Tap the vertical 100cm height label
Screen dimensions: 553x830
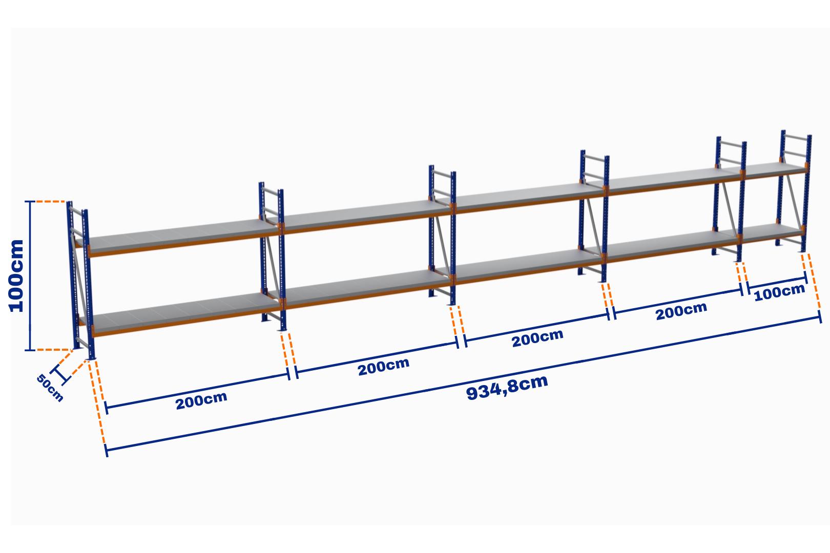point(16,275)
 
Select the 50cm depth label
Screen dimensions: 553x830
point(50,388)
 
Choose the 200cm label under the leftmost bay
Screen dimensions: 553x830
point(201,400)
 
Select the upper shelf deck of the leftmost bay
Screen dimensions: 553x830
point(174,237)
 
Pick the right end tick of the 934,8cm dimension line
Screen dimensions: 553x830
point(820,318)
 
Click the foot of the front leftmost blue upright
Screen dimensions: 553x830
point(92,357)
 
